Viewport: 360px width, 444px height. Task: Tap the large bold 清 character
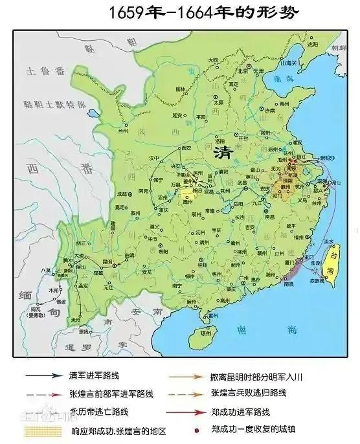pos(225,152)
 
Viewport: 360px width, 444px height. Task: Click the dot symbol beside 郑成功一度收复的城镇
pos(195,429)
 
